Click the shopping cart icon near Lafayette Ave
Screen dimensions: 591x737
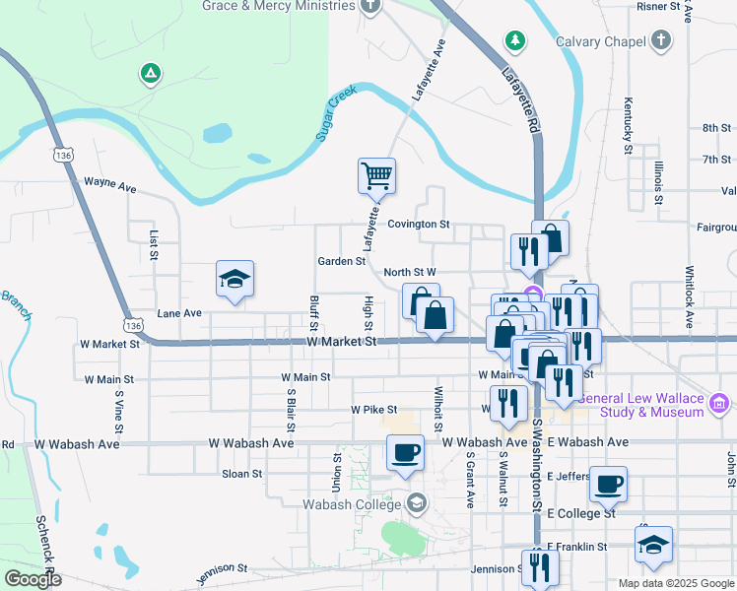click(376, 176)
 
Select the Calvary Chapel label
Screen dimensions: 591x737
click(599, 41)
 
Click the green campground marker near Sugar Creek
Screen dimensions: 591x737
click(150, 74)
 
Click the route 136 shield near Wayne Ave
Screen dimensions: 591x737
click(64, 156)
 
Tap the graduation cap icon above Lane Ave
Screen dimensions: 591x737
click(235, 280)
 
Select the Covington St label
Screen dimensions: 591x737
click(418, 225)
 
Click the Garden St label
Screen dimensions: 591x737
click(342, 262)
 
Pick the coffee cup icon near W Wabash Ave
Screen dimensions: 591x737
click(407, 453)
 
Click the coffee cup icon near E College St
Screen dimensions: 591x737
click(608, 485)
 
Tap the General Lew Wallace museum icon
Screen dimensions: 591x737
click(719, 403)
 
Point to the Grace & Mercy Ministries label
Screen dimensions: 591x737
click(278, 6)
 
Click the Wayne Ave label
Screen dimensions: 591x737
click(109, 182)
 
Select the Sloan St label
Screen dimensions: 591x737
click(242, 474)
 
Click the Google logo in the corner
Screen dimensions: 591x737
click(33, 579)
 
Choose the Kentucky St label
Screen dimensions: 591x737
click(628, 125)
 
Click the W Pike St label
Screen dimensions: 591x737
click(373, 410)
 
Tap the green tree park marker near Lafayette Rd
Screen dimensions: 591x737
click(513, 40)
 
